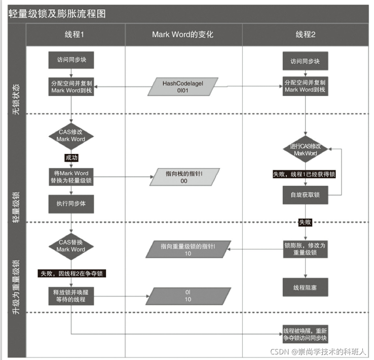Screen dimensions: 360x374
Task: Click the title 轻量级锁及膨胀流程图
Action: point(57,14)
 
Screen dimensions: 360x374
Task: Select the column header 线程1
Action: point(74,34)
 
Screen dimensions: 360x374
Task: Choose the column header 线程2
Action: point(305,34)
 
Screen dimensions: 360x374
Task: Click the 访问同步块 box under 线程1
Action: point(71,60)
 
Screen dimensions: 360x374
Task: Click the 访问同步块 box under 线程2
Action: point(305,61)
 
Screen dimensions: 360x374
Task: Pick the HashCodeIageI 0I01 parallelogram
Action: point(182,87)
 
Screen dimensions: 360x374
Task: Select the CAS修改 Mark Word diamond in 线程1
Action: point(71,136)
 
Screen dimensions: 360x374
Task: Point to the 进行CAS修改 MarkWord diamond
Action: point(305,149)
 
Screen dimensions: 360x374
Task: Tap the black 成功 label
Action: point(71,157)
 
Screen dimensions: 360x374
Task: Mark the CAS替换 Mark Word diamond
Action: point(71,246)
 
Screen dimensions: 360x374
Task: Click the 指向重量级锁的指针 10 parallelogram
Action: point(188,249)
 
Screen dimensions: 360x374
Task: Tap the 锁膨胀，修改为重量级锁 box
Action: point(305,248)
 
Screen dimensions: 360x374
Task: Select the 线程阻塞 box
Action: point(305,288)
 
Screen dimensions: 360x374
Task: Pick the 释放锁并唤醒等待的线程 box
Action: point(71,296)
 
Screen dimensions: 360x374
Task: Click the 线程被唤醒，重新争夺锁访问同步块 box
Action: point(305,334)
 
